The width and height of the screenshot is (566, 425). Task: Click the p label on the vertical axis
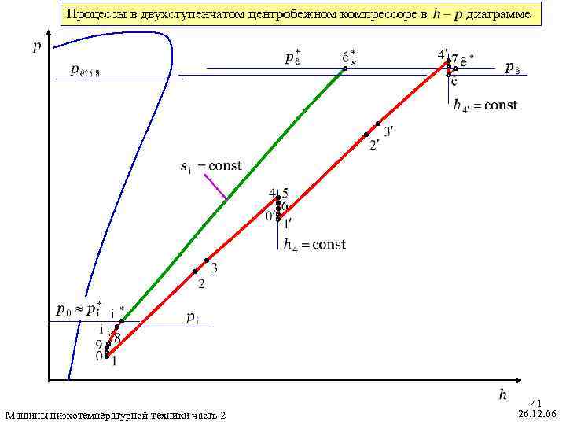click(x=37, y=46)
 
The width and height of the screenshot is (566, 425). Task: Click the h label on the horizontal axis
click(x=503, y=393)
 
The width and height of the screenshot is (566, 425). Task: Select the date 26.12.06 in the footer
click(x=537, y=414)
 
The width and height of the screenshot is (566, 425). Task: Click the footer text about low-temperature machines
click(x=115, y=415)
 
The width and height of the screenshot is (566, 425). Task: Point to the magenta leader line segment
click(x=215, y=186)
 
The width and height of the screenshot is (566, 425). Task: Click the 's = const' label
click(x=210, y=166)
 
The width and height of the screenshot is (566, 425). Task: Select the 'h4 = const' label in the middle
click(x=314, y=245)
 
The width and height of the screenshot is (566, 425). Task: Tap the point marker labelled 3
click(x=207, y=261)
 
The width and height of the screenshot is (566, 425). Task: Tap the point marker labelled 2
click(x=195, y=272)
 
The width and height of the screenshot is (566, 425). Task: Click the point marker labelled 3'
click(x=378, y=124)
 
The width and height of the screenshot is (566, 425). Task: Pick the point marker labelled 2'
click(x=366, y=135)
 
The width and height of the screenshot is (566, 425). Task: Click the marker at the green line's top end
click(x=344, y=69)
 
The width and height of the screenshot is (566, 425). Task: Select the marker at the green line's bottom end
click(x=122, y=321)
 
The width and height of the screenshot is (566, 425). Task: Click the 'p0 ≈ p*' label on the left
click(x=78, y=309)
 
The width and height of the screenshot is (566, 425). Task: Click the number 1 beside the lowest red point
click(x=115, y=361)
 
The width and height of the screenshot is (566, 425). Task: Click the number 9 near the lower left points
click(x=99, y=344)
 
